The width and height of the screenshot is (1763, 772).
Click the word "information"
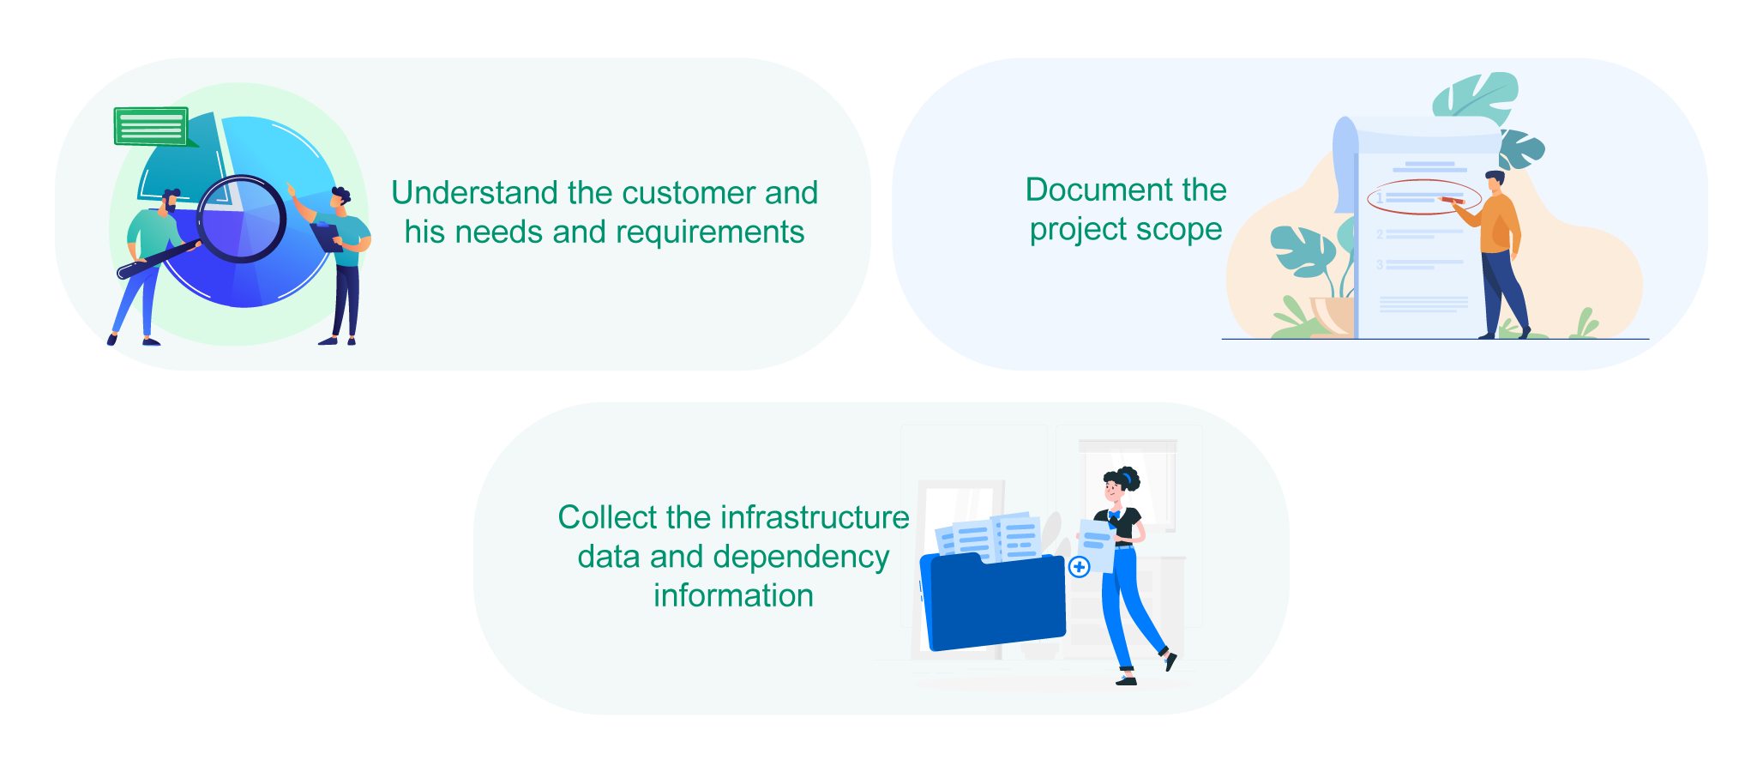tap(734, 595)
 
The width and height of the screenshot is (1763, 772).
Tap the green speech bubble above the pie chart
tap(152, 126)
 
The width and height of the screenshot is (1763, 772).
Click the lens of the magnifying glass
tap(242, 219)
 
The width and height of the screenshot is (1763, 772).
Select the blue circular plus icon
tap(1080, 566)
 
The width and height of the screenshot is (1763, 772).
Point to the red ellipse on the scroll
tap(1423, 197)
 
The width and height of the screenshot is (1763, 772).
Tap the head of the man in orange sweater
tap(1495, 181)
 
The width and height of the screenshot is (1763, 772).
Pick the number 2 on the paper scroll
tap(1380, 234)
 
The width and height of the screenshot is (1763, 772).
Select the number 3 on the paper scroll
tap(1380, 264)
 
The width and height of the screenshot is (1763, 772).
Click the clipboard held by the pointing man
tap(326, 236)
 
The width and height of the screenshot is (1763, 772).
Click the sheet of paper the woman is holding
tap(1097, 546)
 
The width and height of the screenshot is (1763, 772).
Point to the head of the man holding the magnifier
tap(169, 202)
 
